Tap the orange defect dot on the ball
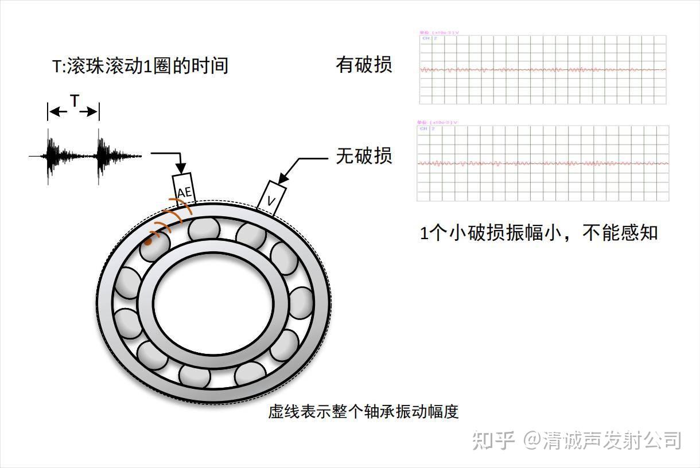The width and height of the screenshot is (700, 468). [147, 242]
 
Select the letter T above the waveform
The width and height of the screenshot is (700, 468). [74, 102]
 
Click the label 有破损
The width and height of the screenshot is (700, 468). [364, 65]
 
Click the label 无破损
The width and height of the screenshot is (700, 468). [364, 155]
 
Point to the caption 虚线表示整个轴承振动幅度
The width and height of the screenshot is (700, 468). [363, 412]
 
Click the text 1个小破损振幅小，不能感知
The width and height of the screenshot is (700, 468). [539, 233]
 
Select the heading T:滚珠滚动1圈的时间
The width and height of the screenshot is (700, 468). [140, 65]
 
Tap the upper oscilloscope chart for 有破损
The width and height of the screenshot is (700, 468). [543, 69]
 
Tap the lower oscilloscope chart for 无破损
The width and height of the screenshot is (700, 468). [543, 163]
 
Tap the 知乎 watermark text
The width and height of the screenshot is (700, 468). [492, 440]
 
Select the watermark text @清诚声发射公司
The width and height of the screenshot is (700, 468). [602, 440]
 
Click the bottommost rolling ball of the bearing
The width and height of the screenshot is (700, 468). [194, 376]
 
